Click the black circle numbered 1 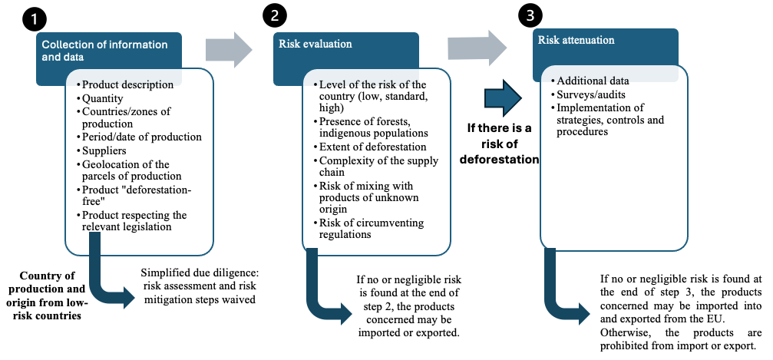tap(34, 21)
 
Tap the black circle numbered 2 tap(274, 16)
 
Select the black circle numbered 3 tap(530, 16)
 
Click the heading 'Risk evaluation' tap(315, 44)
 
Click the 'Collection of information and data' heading tap(104, 51)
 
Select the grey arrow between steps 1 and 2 tap(229, 49)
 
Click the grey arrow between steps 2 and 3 tap(477, 48)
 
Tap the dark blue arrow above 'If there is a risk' tap(503, 98)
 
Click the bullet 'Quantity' tap(102, 98)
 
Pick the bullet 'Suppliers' tap(104, 150)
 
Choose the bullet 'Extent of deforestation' tap(370, 147)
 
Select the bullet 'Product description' tap(125, 85)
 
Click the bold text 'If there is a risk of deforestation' tap(503, 144)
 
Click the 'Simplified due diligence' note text tap(198, 286)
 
